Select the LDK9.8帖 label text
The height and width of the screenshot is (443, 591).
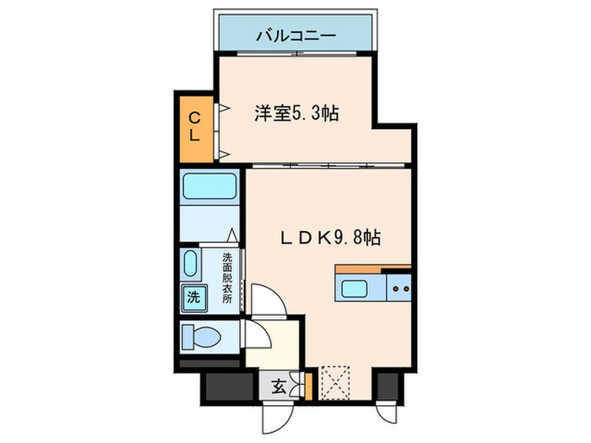[x=330, y=239]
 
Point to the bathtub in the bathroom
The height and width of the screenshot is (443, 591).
[x=211, y=185]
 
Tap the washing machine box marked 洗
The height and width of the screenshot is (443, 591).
[x=194, y=297]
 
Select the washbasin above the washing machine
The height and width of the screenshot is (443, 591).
[x=191, y=265]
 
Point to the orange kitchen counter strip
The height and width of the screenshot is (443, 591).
[x=372, y=270]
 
